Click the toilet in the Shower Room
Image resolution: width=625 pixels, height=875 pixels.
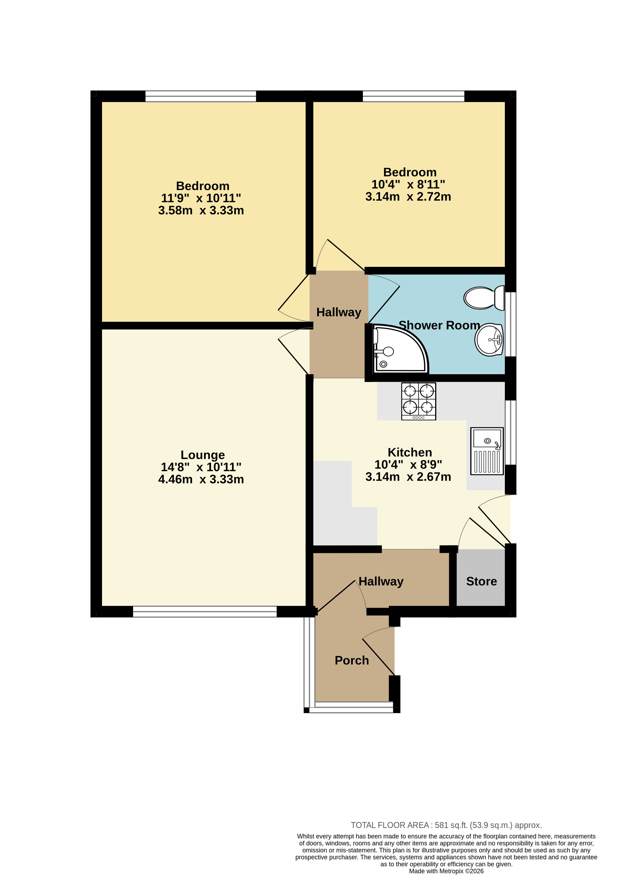pos(484,298)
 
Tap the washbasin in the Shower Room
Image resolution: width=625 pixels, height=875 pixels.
pos(489,340)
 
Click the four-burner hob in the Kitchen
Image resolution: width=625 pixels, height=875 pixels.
pos(419,401)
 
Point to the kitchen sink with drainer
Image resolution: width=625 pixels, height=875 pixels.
pos(487,451)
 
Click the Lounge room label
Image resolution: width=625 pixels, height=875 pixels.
pos(203,455)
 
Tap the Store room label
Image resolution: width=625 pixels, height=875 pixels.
pos(481,581)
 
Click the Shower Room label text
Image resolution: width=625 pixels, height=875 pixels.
pos(439,325)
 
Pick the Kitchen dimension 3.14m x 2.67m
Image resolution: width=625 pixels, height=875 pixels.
pos(408,477)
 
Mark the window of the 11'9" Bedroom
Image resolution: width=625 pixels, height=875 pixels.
pos(201,96)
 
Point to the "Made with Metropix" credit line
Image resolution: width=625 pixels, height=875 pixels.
pos(446,871)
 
